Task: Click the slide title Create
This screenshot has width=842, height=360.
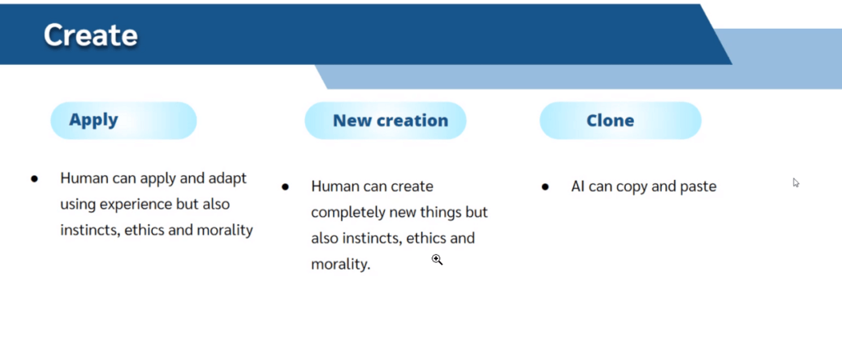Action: [x=90, y=35]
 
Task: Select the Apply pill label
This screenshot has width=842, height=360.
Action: [x=94, y=120]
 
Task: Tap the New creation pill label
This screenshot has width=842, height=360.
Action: [x=391, y=120]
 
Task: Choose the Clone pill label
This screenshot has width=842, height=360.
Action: [x=610, y=120]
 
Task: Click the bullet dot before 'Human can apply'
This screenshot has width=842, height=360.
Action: [x=35, y=178]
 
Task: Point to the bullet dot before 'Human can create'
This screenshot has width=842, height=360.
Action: [x=285, y=187]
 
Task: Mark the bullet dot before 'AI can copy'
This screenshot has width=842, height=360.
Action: [x=545, y=187]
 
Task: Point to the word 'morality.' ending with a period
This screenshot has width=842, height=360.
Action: [x=341, y=264]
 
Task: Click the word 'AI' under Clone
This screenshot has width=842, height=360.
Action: [x=578, y=187]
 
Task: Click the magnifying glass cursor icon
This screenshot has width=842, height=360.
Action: [x=437, y=261]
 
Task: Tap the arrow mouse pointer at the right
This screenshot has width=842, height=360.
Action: [x=796, y=182]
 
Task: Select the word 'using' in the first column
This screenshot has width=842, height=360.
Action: [x=74, y=205]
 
